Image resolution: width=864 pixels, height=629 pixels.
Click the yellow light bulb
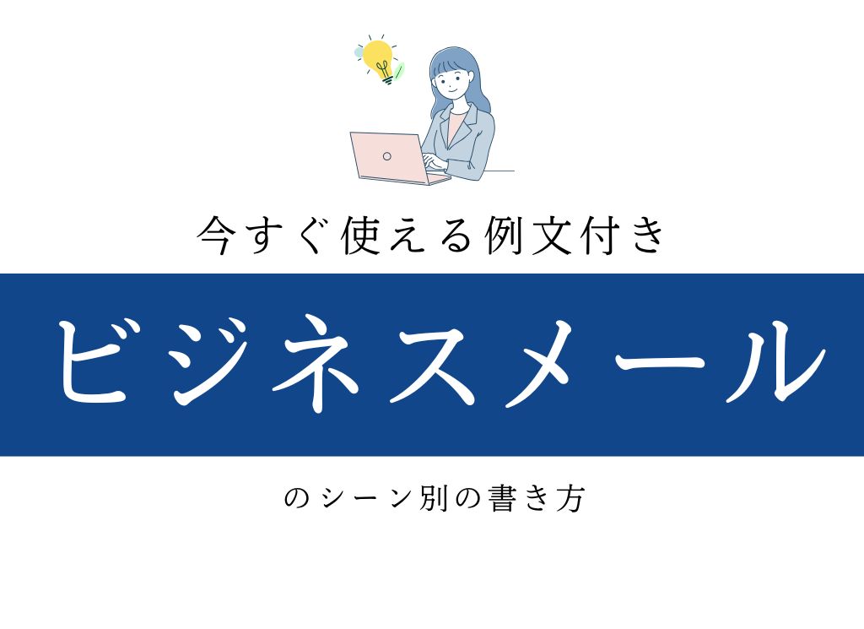point(379,58)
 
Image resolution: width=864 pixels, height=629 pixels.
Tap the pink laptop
point(388,156)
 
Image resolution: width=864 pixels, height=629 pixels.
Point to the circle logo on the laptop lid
point(386,156)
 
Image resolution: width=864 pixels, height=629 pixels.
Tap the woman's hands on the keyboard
point(432,161)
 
